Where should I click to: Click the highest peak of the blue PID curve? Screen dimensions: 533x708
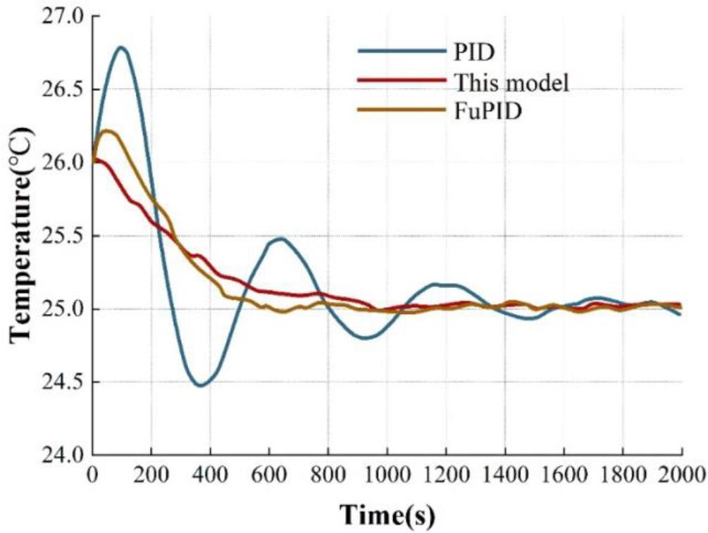[121, 48]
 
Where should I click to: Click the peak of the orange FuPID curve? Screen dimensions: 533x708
[107, 130]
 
